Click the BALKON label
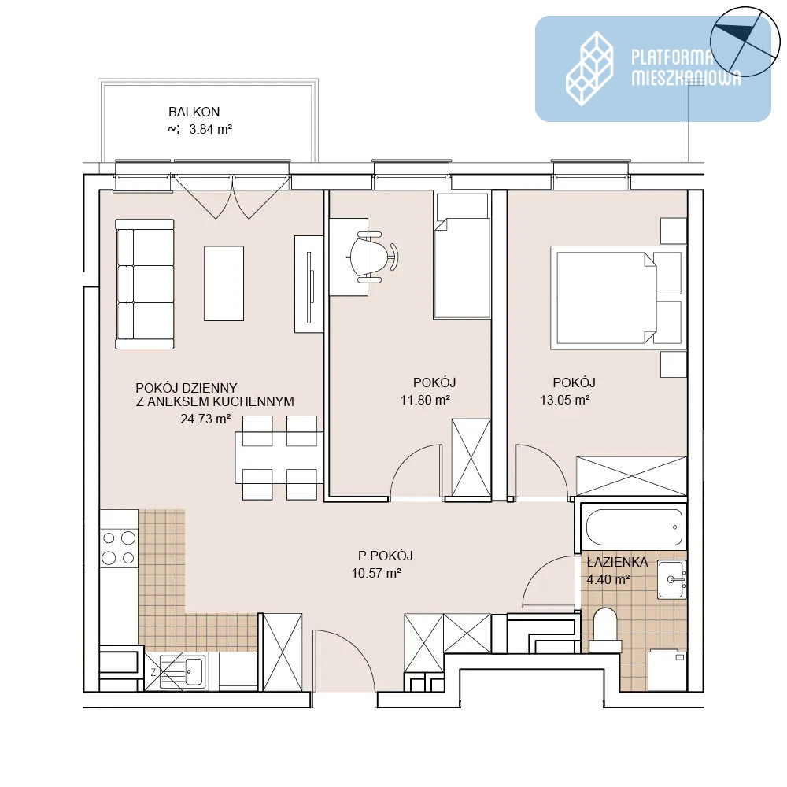coord(194,112)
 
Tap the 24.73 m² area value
coord(205,419)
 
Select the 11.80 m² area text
coord(425,400)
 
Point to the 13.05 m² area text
coord(564,400)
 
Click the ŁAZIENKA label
coord(617,562)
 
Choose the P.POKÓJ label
coord(385,556)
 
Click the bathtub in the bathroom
coord(634,527)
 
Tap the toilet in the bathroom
coord(605,630)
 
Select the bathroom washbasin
coord(672,580)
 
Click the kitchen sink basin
coord(194,671)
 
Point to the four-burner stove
coord(119,548)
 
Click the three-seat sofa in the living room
coord(145,283)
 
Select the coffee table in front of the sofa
coord(224,283)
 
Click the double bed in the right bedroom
coord(618,297)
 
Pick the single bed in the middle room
coord(462,256)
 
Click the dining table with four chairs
coord(279,457)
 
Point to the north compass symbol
coord(745,42)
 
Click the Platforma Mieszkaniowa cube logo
coord(589,68)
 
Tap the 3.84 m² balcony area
coord(210,130)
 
